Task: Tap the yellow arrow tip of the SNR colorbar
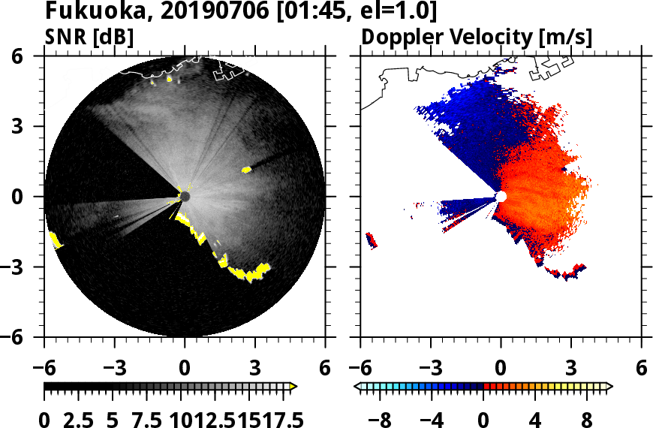point(293,386)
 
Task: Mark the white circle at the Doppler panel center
point(501,196)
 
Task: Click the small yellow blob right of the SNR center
point(246,170)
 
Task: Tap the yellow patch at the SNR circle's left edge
point(55,241)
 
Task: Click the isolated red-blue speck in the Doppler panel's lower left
point(371,240)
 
